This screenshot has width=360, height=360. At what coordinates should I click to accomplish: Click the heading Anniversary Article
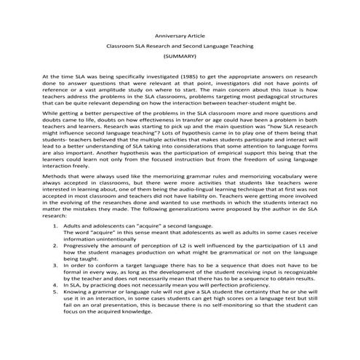(x=180, y=33)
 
